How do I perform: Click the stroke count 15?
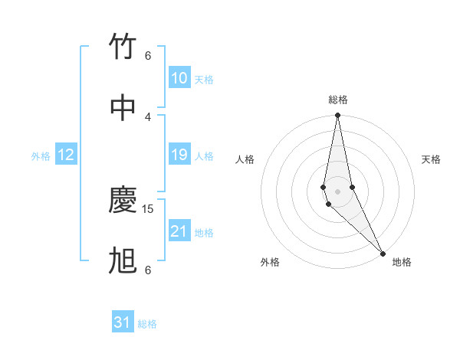click(149, 208)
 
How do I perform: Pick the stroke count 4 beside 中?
click(148, 116)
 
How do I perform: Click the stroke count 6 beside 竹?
click(148, 56)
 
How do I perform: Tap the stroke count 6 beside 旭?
click(148, 270)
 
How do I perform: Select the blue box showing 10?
click(179, 78)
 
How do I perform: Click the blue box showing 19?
click(179, 155)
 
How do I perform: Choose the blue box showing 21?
click(179, 231)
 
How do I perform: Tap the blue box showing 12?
click(66, 155)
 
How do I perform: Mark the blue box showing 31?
click(123, 322)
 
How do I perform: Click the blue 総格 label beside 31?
click(147, 324)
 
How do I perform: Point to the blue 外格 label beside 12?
click(41, 156)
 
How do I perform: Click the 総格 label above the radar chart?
click(338, 100)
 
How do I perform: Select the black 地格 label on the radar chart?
click(402, 262)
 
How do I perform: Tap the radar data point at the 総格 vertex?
click(337, 116)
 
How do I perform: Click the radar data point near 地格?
click(383, 254)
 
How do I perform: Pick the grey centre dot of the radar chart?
click(337, 191)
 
